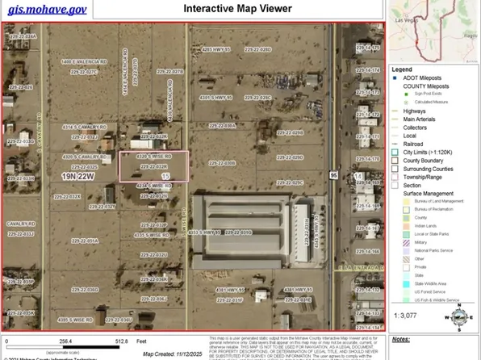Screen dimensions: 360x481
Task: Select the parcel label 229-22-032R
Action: pos(153,166)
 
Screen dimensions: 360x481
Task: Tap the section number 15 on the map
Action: pos(165,175)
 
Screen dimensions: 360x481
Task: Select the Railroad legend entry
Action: pos(420,144)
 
